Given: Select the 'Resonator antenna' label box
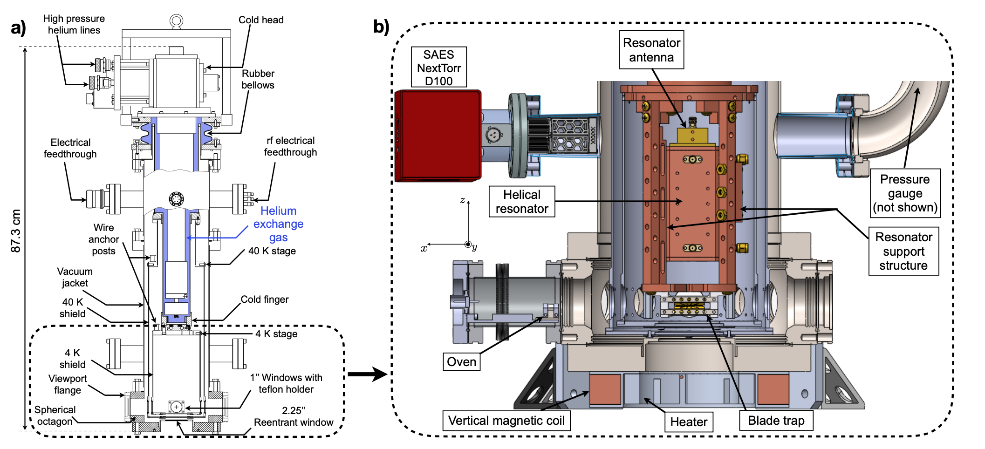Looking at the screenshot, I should click(x=651, y=50).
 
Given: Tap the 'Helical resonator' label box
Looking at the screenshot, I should click(x=522, y=202).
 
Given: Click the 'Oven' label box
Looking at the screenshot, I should click(x=461, y=362).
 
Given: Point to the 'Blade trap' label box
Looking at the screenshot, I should click(x=776, y=421).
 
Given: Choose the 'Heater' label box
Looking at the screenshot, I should click(x=689, y=422).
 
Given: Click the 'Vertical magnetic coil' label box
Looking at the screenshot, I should click(x=506, y=421).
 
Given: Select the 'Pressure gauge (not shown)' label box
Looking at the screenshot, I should click(x=905, y=193).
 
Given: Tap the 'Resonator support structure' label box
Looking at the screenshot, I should click(x=903, y=252).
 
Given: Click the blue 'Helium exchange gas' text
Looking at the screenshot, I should click(x=278, y=224).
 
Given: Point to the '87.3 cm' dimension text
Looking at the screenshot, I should click(x=16, y=231).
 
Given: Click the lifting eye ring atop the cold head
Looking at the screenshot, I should click(x=176, y=21).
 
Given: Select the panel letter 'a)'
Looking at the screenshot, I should click(x=19, y=28).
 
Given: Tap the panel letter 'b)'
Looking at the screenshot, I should click(x=381, y=27).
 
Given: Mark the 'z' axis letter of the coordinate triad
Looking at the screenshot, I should click(x=462, y=200).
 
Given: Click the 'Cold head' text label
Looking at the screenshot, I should click(x=261, y=20).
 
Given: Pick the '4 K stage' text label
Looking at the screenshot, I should click(x=276, y=334).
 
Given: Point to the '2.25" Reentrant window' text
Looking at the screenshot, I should click(x=294, y=416).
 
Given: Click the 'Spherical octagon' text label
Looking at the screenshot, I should click(x=55, y=415).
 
